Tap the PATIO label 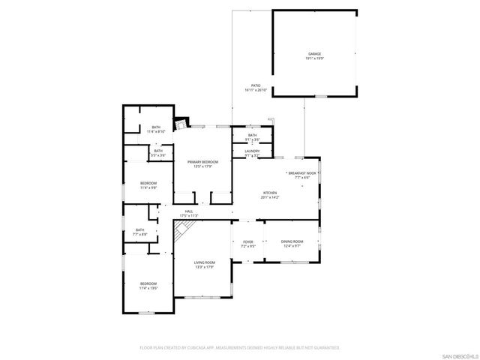coord(256,85)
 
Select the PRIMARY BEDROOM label coord(202,162)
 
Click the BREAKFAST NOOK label coord(302,172)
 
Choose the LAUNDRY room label coord(252,151)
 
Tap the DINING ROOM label coord(292,241)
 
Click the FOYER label coord(248,241)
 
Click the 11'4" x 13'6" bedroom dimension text coord(148,288)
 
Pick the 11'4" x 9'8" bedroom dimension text coord(148,187)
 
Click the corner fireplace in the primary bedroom coord(180,123)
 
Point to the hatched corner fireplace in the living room coord(180,232)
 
